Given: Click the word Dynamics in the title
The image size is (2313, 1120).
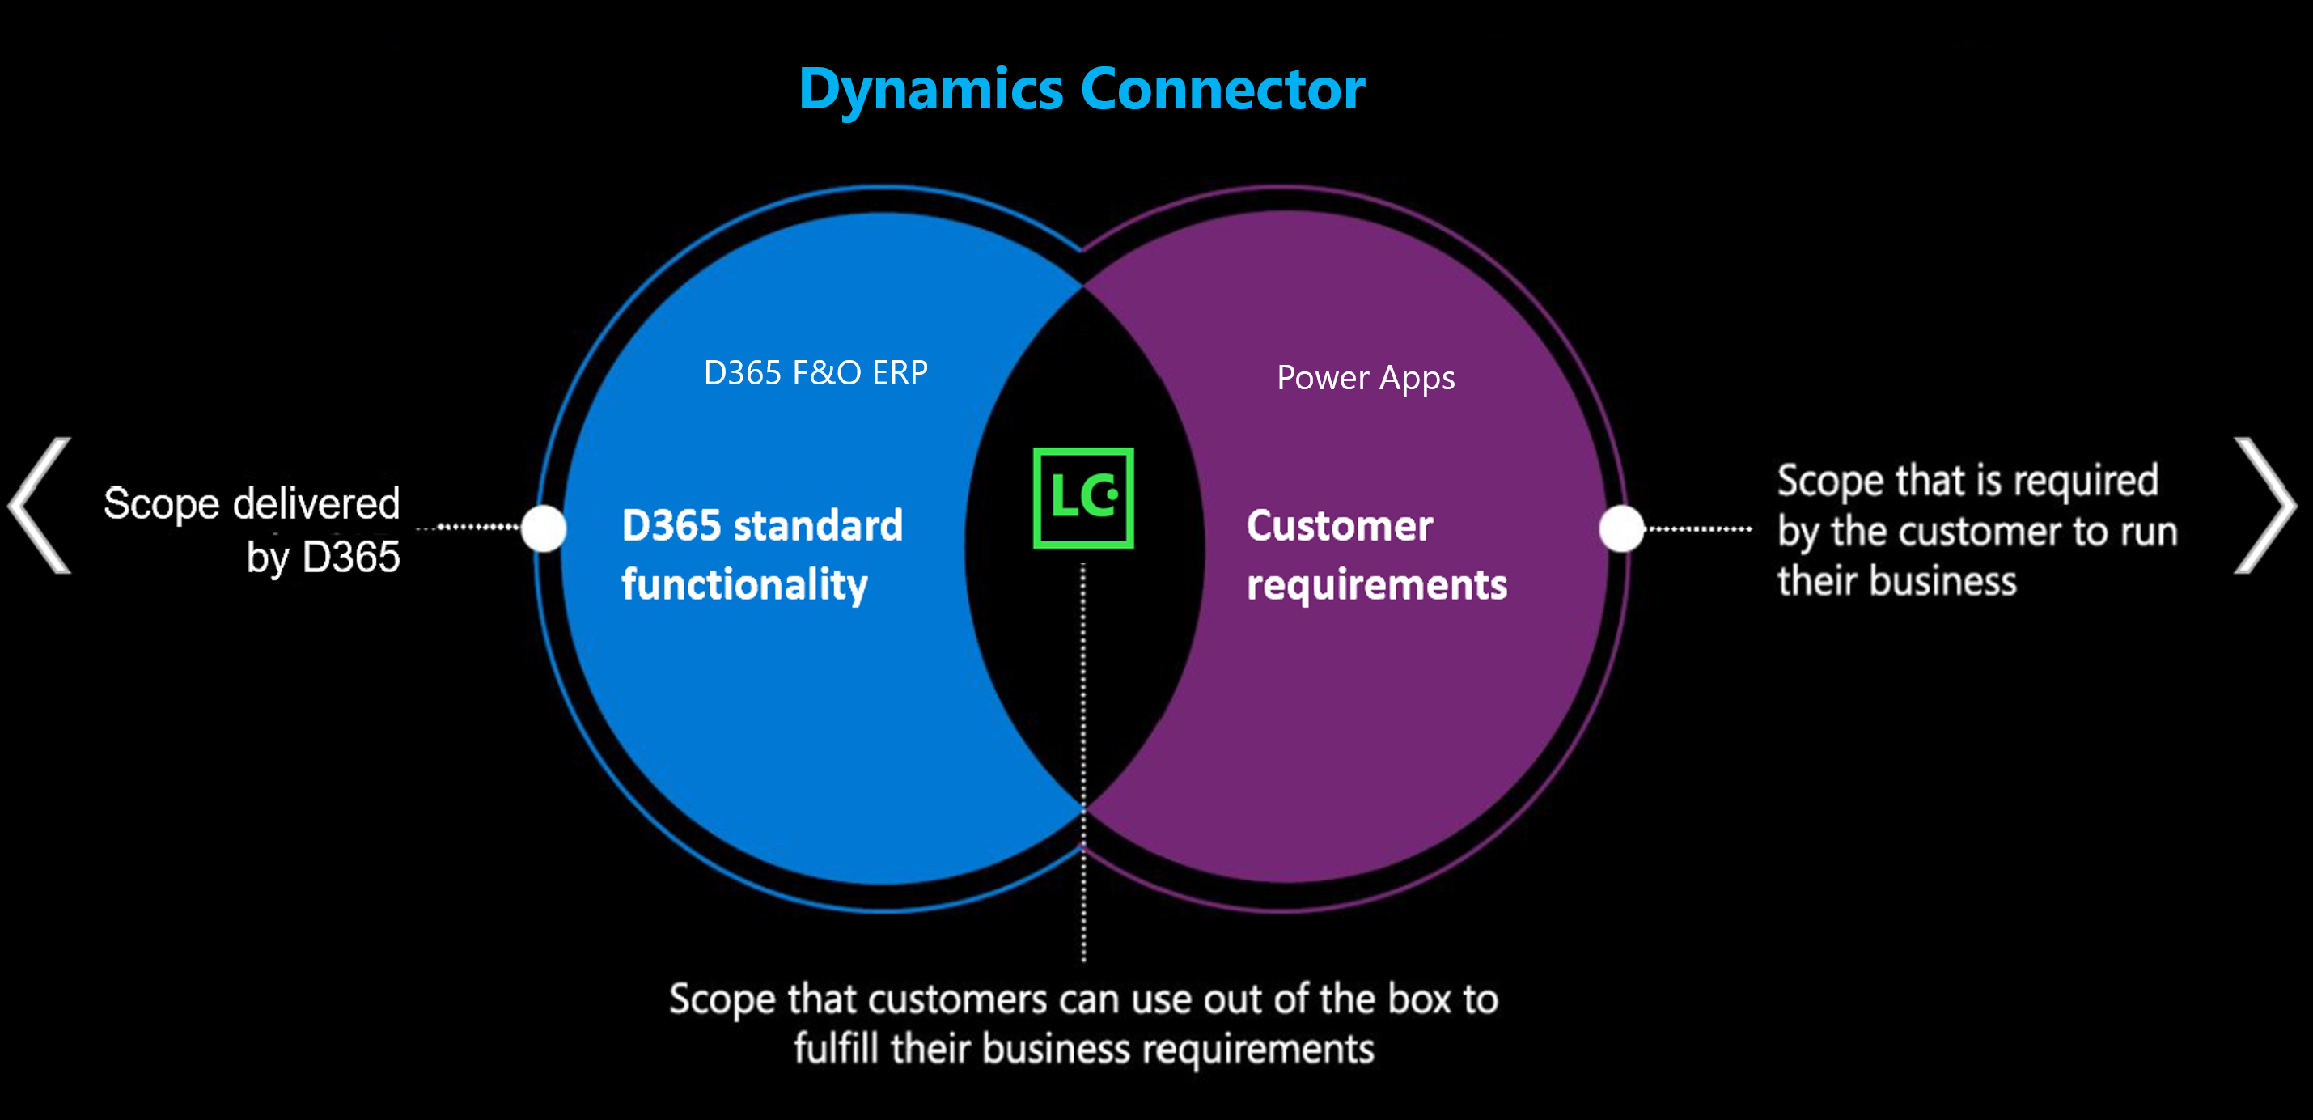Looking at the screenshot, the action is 931,91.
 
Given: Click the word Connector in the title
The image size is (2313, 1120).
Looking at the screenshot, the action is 1223,89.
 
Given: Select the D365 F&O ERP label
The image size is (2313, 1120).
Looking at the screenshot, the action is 815,371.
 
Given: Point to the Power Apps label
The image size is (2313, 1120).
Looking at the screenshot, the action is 1366,378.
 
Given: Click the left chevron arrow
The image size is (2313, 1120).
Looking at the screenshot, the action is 40,505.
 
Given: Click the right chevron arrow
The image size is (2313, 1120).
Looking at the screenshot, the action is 2264,505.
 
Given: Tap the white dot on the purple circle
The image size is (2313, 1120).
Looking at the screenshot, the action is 1621,528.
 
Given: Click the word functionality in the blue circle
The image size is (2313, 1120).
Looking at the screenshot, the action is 744,585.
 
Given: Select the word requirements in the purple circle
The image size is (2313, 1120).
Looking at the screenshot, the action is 1376,586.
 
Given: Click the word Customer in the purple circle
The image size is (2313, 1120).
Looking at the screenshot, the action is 1340,525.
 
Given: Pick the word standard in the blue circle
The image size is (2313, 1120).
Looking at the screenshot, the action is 818,525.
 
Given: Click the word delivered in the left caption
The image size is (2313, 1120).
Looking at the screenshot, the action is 316,503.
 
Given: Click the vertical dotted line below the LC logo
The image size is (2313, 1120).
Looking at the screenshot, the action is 1084,762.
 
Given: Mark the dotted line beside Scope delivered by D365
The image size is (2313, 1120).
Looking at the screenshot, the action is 468,527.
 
